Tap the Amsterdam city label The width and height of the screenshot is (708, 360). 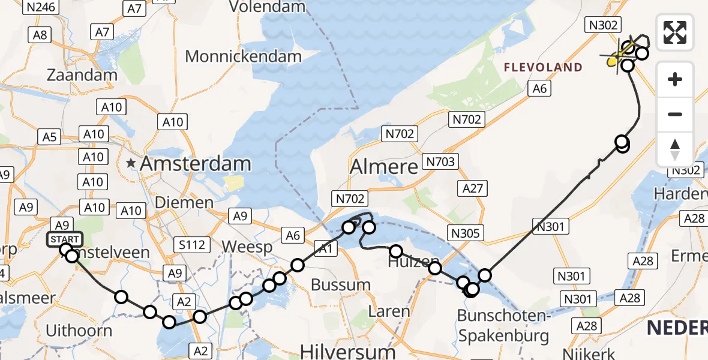click(195, 163)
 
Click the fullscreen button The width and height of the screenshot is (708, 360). click(675, 32)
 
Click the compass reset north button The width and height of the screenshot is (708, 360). click(675, 149)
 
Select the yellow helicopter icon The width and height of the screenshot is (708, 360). click(619, 56)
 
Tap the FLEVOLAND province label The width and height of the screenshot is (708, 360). click(543, 67)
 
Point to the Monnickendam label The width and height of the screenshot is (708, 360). click(243, 56)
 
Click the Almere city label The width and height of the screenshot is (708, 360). click(383, 166)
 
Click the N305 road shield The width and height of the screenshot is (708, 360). click(465, 233)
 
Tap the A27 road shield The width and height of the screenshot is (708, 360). click(472, 188)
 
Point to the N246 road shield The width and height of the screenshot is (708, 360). click(41, 7)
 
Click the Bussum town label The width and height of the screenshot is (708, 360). click(340, 285)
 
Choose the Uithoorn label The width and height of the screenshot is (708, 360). click(79, 330)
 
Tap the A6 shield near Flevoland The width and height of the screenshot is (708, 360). click(538, 89)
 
